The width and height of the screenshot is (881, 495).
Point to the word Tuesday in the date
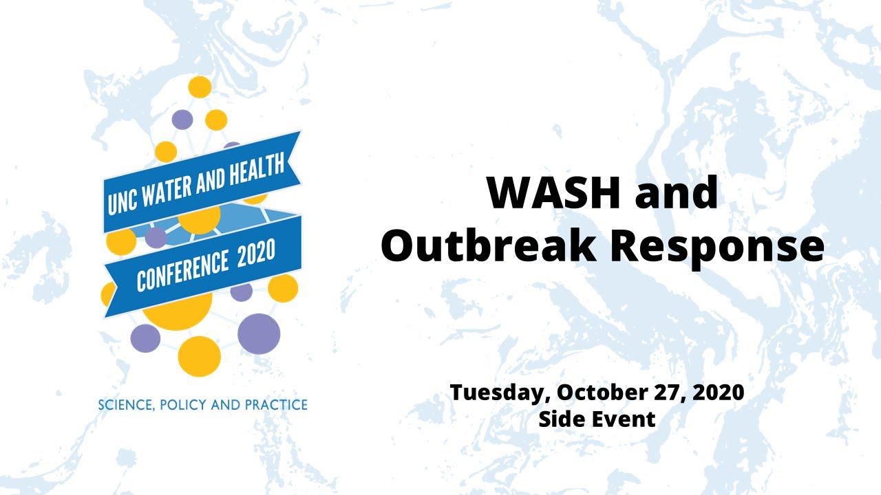pyautogui.click(x=500, y=393)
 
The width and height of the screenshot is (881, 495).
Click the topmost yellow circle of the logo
pyautogui.click(x=200, y=87)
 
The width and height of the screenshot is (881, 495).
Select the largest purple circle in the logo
pyautogui.click(x=259, y=334)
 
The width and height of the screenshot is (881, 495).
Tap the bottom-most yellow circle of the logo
pyautogui.click(x=200, y=357)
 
